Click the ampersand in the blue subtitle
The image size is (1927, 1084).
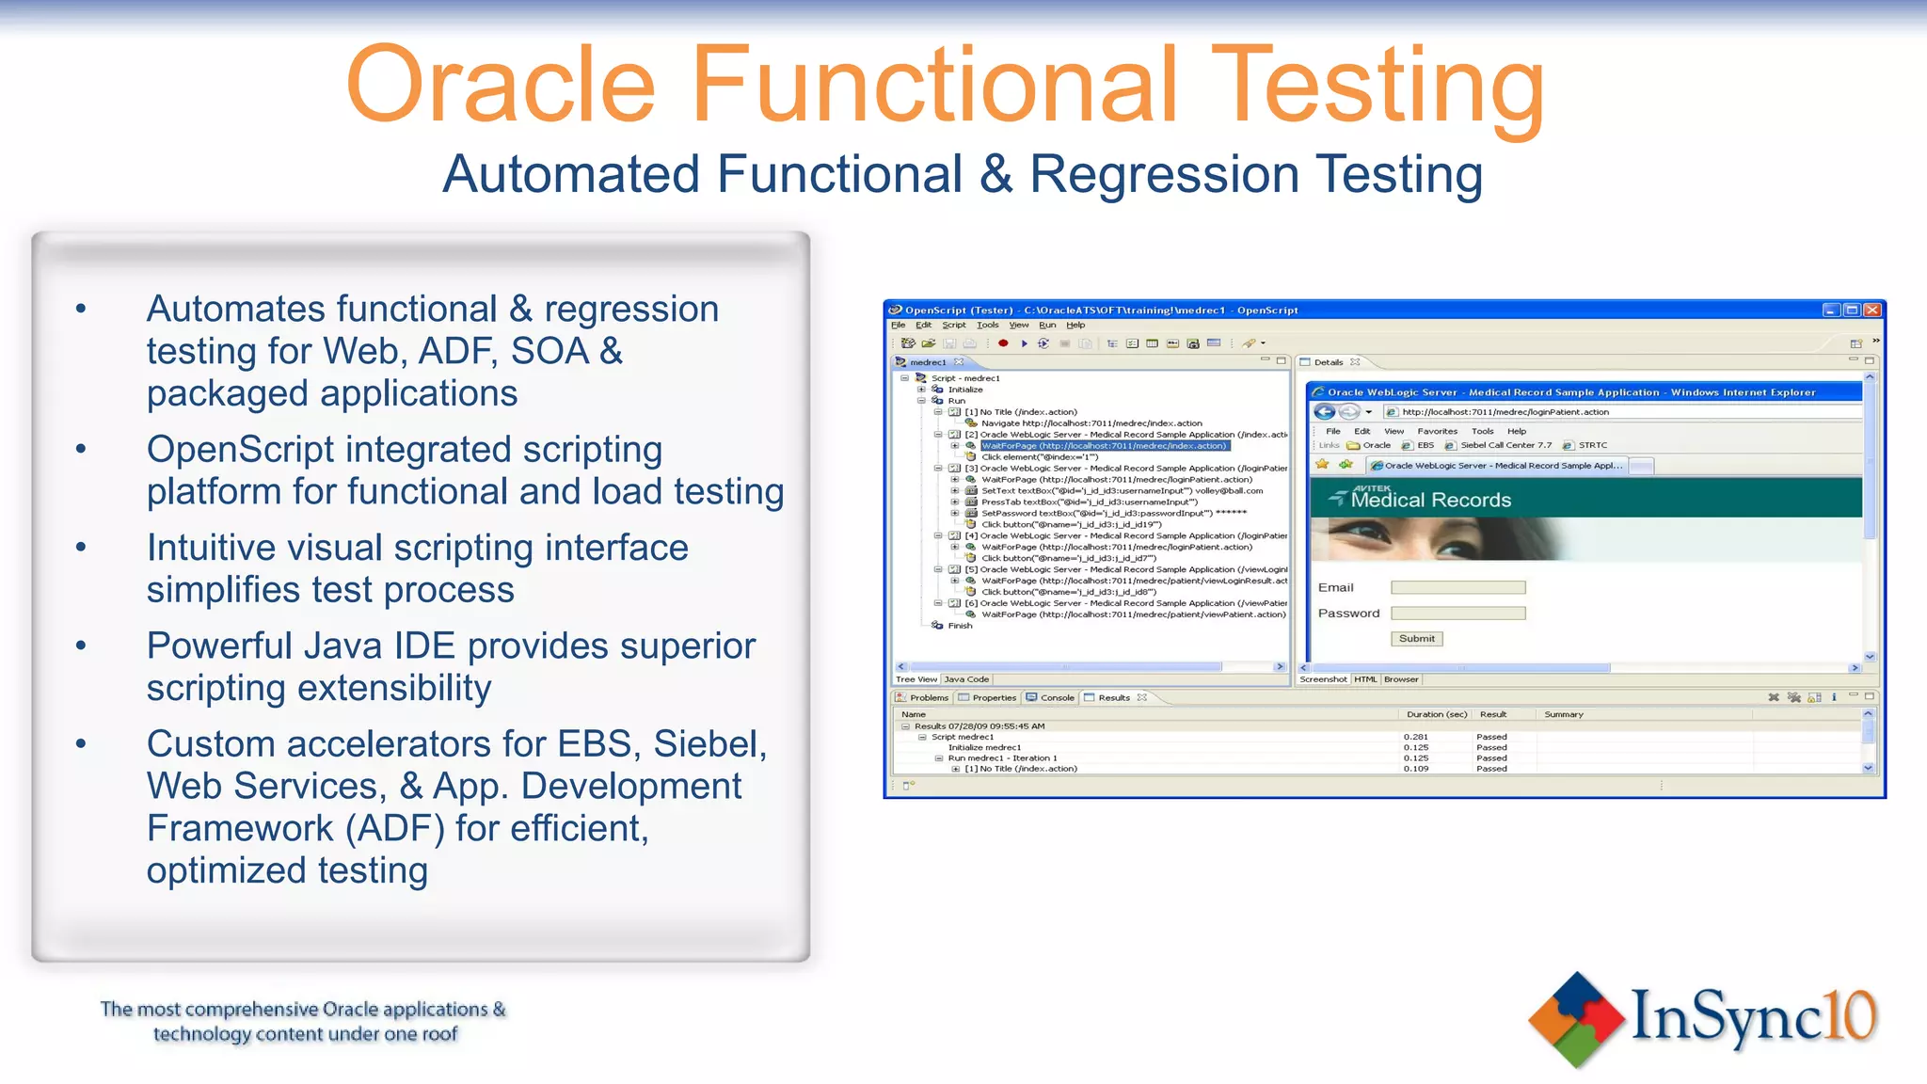995,175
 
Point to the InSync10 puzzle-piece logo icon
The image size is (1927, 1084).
1576,1020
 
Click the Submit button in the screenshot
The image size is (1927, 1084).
1416,639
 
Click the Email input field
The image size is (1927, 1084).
1457,588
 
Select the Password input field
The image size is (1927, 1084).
1457,614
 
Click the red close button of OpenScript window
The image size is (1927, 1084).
1871,310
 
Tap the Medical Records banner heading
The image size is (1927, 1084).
1430,501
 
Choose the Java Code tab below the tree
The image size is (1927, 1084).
966,679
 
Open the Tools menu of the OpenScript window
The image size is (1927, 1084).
987,326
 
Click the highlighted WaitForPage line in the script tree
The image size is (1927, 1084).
1104,446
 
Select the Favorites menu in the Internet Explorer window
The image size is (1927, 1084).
1437,432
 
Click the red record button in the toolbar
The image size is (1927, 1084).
1003,343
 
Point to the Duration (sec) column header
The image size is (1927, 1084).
1436,715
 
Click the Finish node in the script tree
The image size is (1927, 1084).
960,626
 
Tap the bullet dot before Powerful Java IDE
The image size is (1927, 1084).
81,646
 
